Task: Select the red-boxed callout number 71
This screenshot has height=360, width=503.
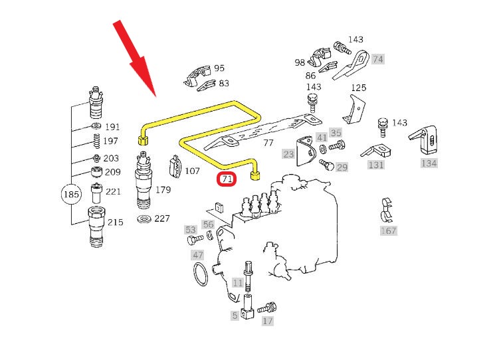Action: tap(227, 179)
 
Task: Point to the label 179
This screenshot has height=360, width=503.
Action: tap(162, 190)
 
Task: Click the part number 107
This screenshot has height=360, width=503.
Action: tap(191, 171)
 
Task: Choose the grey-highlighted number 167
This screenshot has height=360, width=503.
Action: tap(388, 230)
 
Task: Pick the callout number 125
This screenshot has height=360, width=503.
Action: tap(358, 88)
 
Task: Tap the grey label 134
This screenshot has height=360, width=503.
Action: tap(429, 163)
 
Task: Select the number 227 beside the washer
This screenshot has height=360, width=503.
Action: tap(161, 219)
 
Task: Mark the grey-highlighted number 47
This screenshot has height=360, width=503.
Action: tap(197, 255)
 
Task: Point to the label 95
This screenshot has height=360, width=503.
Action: tap(219, 68)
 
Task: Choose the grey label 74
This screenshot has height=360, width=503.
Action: tap(377, 59)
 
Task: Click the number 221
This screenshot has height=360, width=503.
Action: tap(114, 192)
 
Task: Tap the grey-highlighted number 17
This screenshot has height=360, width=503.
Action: tap(267, 321)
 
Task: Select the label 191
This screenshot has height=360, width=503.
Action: tap(112, 127)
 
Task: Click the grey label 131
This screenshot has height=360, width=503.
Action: tap(376, 165)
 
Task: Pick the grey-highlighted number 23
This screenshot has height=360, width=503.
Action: tap(288, 153)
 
